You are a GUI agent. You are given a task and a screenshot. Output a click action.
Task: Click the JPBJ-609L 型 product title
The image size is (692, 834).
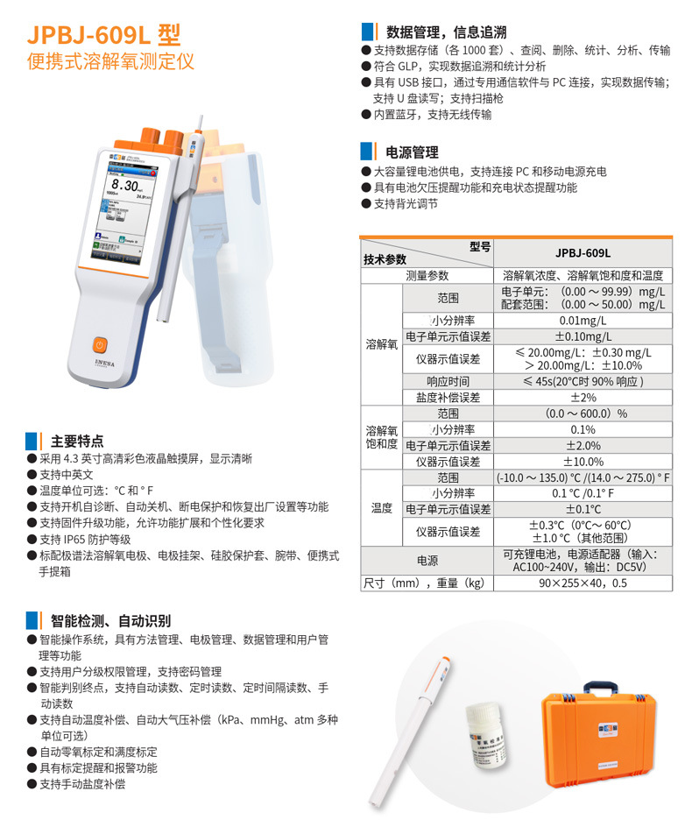104,34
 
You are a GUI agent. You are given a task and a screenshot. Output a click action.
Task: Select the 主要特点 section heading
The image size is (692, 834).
77,441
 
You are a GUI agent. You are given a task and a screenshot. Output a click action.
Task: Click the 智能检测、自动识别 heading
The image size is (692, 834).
110,620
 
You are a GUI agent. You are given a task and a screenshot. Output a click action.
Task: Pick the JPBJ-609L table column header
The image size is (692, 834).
583,252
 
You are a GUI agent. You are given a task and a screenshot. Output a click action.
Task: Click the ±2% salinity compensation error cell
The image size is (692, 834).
583,397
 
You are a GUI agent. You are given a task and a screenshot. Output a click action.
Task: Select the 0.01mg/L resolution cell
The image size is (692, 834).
583,320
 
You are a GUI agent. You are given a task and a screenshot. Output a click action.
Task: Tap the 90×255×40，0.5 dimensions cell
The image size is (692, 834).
583,583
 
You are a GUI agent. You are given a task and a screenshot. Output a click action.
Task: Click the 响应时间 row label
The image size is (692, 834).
448,381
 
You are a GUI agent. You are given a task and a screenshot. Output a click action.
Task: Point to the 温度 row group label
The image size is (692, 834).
381,508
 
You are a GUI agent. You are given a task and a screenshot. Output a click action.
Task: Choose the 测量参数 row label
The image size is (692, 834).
427,275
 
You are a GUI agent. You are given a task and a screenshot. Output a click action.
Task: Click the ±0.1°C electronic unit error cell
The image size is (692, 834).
583,509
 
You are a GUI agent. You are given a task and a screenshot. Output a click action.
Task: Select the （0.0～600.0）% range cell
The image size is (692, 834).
583,413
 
